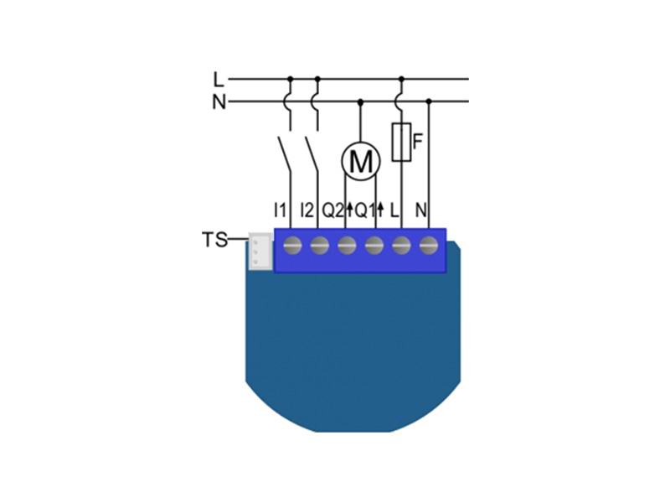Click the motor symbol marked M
coord(361,161)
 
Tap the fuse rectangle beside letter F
coord(402,142)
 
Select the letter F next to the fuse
coord(417,142)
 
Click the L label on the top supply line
coord(219,80)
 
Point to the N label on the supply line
coord(219,102)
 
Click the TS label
coord(214,240)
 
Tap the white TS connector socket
coord(260,251)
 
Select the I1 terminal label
coord(280,210)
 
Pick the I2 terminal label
coord(307,210)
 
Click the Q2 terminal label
coord(332,210)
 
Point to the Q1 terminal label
coord(365,210)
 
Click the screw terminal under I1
coord(292,246)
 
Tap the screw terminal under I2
coord(320,246)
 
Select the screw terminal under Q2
coord(347,246)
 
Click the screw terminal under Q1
coord(374,246)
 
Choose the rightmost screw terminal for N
coord(429,246)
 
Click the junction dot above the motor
coord(360,101)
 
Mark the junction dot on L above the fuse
coord(401,79)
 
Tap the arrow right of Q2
coord(349,210)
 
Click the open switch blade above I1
coord(285,155)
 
